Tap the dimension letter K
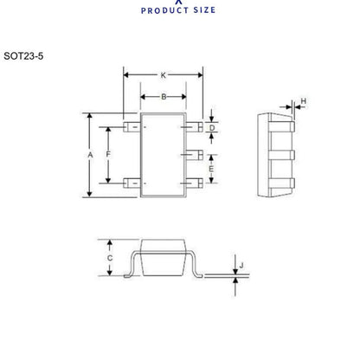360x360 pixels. tap(164, 75)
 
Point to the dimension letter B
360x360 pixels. tap(164, 97)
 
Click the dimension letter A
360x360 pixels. tap(90, 154)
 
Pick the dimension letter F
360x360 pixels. tap(108, 154)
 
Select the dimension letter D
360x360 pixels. tap(212, 127)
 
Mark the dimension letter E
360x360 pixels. tap(212, 169)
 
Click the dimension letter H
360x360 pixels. tap(302, 102)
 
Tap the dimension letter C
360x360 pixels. tap(109, 258)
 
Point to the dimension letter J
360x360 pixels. tap(241, 266)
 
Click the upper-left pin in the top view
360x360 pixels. tap(132, 128)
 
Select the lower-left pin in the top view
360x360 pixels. tap(132, 182)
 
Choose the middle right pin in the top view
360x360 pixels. tap(197, 155)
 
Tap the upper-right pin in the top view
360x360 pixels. tap(197, 128)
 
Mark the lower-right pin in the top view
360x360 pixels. tap(197, 182)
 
